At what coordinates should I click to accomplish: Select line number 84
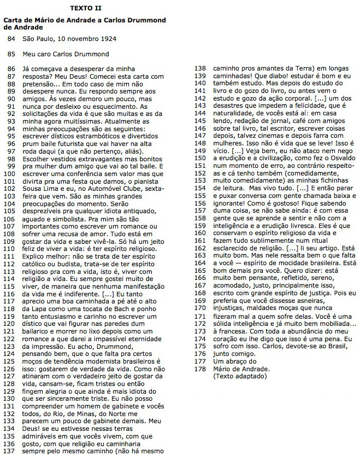click(x=11, y=39)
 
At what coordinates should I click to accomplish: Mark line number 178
click(x=199, y=369)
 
